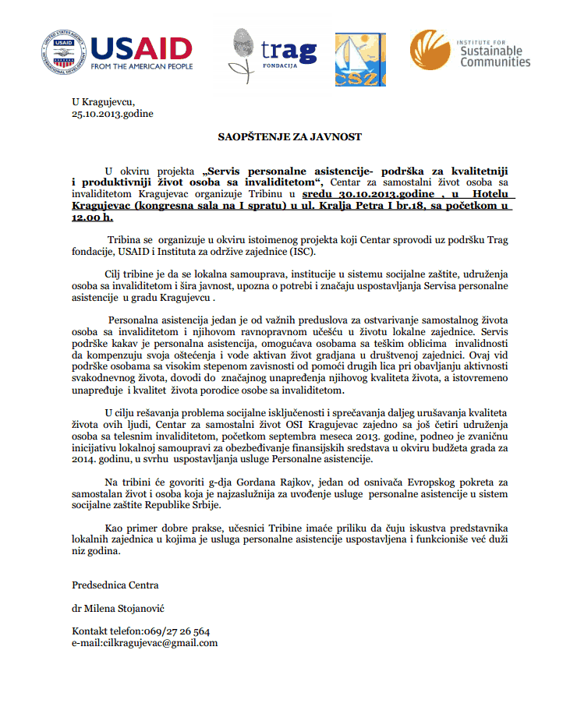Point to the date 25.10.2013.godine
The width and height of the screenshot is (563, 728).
pos(112,114)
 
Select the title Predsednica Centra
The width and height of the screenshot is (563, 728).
pos(115,585)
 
